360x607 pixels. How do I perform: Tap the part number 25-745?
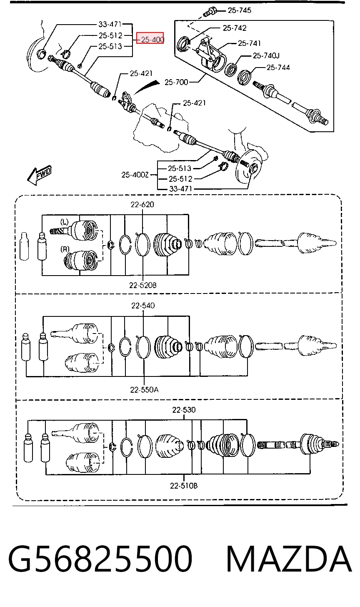tap(240, 10)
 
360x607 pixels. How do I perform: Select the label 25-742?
tap(235, 28)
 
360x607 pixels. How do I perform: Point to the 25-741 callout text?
tap(249, 43)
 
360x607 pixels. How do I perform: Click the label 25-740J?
tap(266, 55)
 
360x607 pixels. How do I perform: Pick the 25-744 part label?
tap(278, 68)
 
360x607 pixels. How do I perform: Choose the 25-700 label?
tap(176, 82)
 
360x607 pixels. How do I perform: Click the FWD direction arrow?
tap(40, 175)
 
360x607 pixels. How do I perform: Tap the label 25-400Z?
tap(135, 175)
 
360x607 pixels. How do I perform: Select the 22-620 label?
tap(142, 204)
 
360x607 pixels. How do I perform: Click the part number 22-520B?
tap(143, 285)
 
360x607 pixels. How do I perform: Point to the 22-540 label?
tap(143, 306)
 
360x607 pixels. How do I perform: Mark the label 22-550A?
tap(145, 390)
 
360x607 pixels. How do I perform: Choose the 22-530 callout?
tap(184, 410)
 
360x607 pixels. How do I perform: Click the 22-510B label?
tap(184, 486)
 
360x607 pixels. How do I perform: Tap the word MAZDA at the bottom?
tap(289, 559)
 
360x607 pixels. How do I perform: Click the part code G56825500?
tap(100, 559)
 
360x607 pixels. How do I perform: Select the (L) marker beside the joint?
tap(65, 222)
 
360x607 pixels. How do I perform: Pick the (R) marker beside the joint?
tap(65, 249)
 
